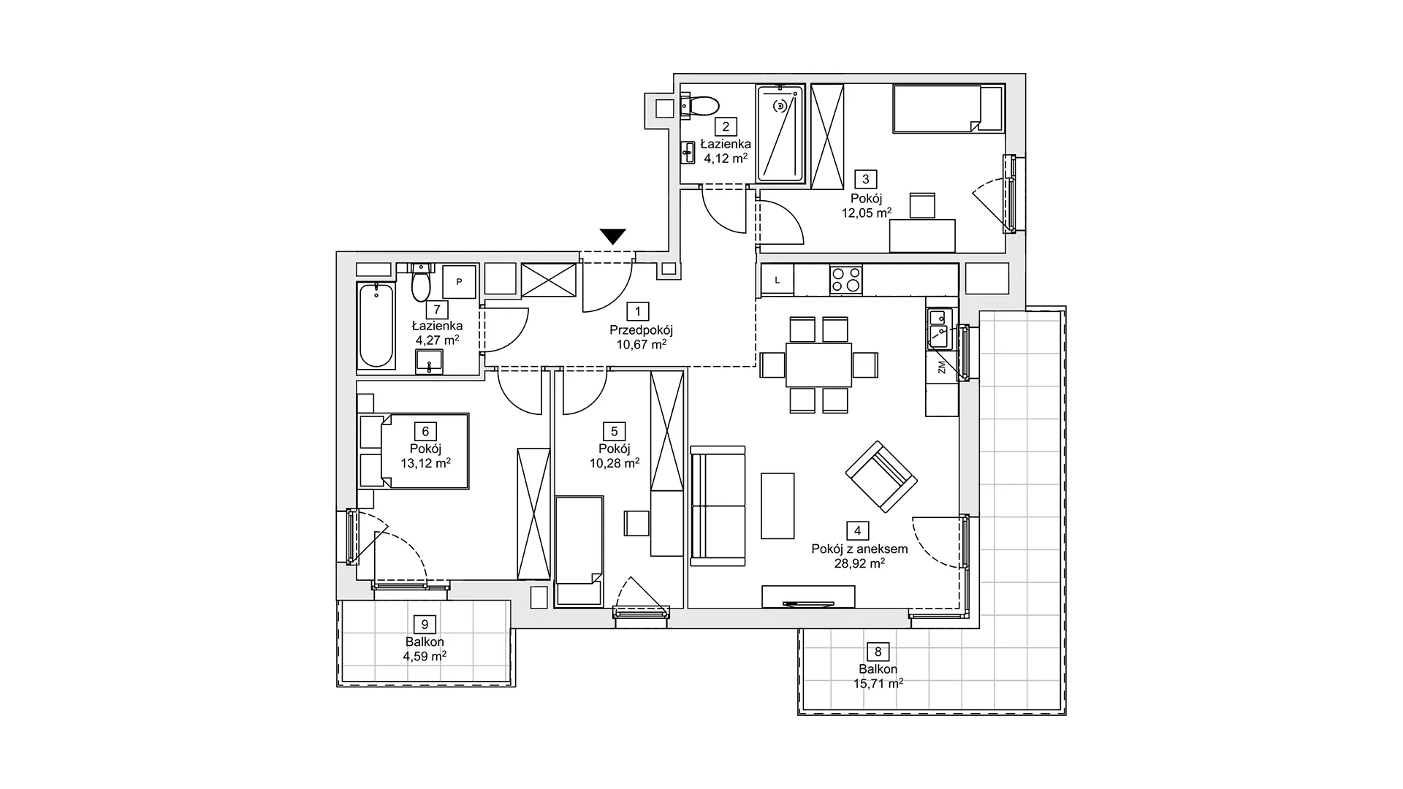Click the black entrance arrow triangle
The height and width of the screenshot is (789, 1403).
click(x=613, y=236)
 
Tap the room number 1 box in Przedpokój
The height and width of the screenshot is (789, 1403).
click(x=638, y=312)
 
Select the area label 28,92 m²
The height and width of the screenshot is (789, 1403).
click(x=860, y=563)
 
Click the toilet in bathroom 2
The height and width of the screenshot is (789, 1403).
click(x=700, y=107)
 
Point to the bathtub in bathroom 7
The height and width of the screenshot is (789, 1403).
click(x=376, y=325)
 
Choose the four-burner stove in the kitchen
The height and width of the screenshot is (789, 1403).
click(x=845, y=280)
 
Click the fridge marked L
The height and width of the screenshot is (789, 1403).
click(x=777, y=280)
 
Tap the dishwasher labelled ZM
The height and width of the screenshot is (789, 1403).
click(x=942, y=367)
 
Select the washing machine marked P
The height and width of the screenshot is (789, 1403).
click(x=460, y=282)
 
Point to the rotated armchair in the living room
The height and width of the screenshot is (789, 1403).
click(x=881, y=476)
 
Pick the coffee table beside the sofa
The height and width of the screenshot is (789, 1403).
click(x=777, y=505)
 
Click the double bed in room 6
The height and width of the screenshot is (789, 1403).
click(x=414, y=451)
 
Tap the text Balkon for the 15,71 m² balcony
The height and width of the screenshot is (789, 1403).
click(x=878, y=669)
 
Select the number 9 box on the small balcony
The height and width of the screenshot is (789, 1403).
click(x=425, y=625)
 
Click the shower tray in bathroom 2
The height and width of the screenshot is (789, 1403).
click(x=780, y=134)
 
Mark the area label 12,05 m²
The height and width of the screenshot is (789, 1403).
click(x=867, y=213)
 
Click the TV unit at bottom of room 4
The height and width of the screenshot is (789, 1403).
click(x=808, y=596)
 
